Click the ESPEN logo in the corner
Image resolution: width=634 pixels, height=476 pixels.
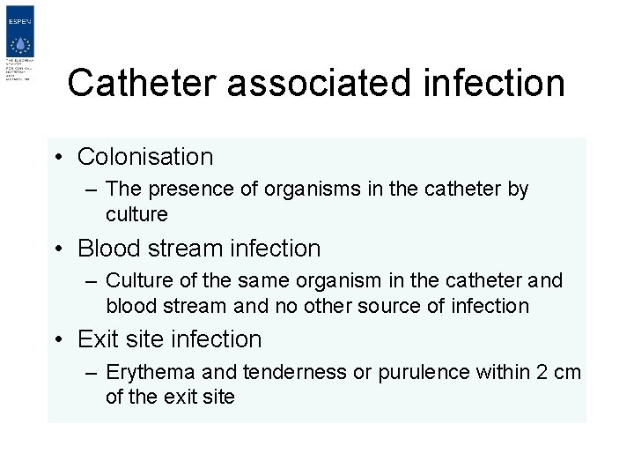[x=18, y=45]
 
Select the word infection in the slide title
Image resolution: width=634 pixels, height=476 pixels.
[x=494, y=83]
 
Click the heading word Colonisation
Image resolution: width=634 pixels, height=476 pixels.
[x=145, y=157]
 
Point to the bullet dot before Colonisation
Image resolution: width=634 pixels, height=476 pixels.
[x=55, y=158]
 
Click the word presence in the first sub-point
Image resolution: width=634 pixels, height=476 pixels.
[x=187, y=189]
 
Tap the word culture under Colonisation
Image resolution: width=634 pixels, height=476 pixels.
[x=136, y=214]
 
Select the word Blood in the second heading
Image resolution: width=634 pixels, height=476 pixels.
[x=106, y=249]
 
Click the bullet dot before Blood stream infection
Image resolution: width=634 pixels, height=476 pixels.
[x=55, y=249]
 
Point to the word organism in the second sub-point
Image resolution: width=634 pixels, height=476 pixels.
[x=345, y=281]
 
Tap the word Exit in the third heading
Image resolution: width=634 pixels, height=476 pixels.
[x=98, y=339]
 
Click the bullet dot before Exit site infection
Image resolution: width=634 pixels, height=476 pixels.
[x=55, y=340]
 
